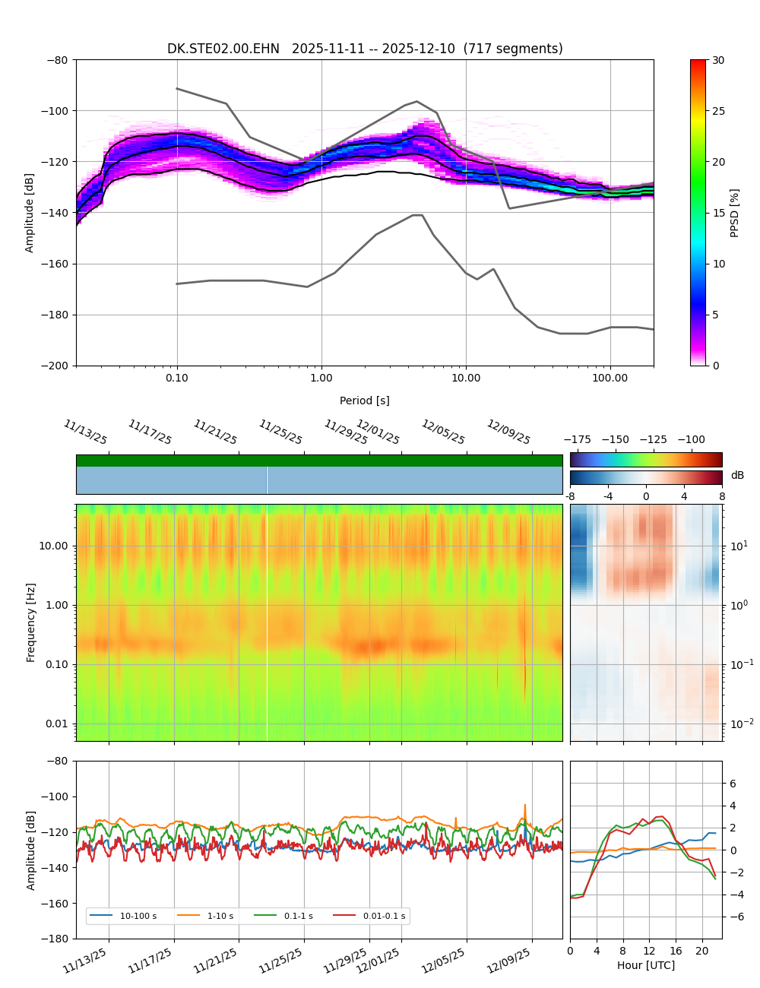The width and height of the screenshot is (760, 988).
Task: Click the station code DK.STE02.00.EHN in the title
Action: point(223,49)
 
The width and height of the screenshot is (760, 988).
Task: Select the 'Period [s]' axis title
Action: point(365,401)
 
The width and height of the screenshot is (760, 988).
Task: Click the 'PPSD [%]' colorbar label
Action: point(734,213)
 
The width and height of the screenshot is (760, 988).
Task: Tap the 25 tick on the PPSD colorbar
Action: point(717,111)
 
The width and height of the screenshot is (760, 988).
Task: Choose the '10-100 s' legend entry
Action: point(138,916)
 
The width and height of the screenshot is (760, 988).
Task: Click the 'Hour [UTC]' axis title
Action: point(646,965)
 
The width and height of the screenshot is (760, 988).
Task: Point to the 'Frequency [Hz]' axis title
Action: point(31,622)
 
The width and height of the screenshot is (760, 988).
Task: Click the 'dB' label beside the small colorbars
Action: point(737,475)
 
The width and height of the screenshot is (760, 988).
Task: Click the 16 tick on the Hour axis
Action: point(676,951)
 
